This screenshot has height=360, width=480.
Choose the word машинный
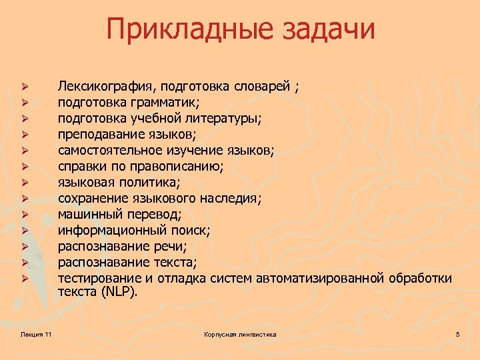[x=88, y=214]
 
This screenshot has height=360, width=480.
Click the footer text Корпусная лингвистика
[x=240, y=333]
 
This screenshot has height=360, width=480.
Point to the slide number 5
[x=458, y=333]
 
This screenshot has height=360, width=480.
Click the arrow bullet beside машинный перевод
[x=23, y=214]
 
